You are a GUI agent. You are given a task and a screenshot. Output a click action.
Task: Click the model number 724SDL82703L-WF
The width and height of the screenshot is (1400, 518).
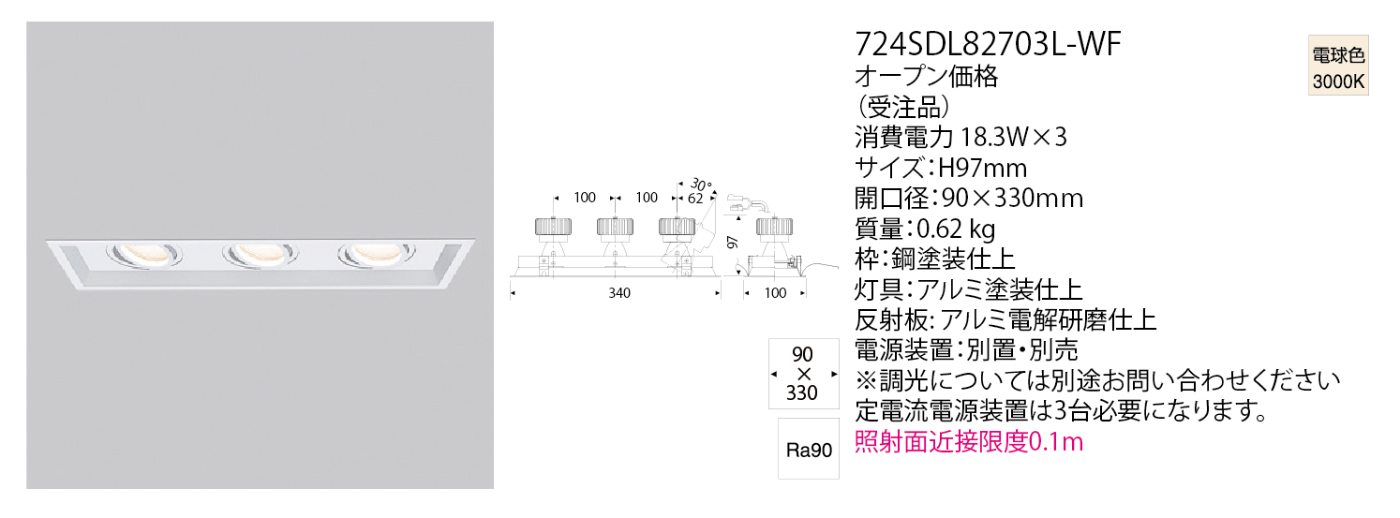[x=988, y=44]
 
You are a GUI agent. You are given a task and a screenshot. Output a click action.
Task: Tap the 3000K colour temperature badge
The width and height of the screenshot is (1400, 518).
[x=1338, y=65]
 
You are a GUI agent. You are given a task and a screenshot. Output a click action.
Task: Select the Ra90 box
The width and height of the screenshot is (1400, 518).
[x=809, y=450]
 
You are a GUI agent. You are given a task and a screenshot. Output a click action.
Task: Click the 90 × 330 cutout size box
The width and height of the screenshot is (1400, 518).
[x=803, y=374]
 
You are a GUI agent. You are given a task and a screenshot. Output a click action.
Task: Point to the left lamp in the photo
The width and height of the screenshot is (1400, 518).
[x=144, y=254]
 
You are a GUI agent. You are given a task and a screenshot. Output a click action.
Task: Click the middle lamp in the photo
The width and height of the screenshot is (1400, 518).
[x=260, y=254]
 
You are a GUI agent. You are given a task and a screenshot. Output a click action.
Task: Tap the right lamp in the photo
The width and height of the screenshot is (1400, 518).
[x=377, y=254]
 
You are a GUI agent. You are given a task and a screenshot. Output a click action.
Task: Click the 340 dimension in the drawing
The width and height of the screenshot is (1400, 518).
[x=619, y=293]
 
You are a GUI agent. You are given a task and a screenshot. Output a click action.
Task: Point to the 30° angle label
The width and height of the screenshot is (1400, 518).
[x=701, y=185]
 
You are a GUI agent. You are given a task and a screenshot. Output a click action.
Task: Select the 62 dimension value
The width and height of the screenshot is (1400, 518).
[x=695, y=198]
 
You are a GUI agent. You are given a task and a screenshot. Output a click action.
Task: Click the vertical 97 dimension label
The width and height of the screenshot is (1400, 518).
[x=733, y=243]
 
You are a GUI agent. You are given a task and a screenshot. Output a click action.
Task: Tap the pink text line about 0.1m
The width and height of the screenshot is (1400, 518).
[x=968, y=442]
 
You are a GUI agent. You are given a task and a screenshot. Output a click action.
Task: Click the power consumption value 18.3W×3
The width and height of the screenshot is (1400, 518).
[x=1012, y=137]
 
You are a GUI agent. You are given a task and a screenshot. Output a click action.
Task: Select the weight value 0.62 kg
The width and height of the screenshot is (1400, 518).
[x=956, y=229]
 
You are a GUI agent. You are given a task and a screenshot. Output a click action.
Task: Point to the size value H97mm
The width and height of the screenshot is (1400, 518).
[x=983, y=168]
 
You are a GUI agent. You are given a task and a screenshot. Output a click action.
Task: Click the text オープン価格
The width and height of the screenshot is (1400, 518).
[x=927, y=76]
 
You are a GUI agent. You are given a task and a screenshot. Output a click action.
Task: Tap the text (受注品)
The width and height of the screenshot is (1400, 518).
[x=903, y=108]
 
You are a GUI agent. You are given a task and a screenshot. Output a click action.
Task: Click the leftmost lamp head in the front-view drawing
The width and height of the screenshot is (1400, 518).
[x=553, y=228]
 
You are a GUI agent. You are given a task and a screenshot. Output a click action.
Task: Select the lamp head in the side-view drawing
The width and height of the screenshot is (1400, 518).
[x=774, y=228]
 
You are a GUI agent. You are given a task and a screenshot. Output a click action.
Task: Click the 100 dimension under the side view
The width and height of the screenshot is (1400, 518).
[x=775, y=293]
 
